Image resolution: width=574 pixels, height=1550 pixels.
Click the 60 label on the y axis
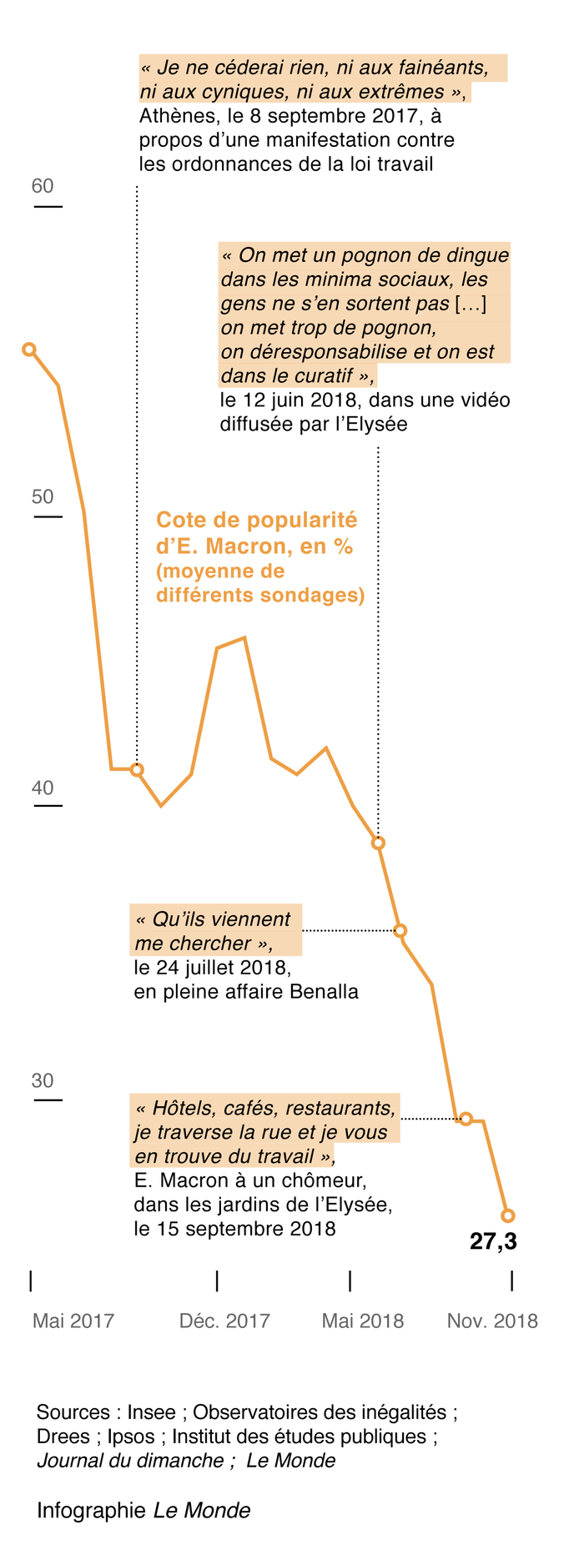43,186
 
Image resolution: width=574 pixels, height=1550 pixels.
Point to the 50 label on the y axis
43,497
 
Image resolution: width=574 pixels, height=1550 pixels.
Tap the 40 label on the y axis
43,788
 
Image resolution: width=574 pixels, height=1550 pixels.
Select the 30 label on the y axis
43,1080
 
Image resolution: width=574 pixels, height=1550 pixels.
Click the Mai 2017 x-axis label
73,1321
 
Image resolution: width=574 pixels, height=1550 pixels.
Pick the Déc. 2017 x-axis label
224,1321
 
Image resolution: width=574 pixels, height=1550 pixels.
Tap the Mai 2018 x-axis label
363,1321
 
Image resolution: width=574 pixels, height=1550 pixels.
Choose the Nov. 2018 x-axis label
492,1321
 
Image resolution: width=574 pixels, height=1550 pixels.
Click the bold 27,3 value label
493,1241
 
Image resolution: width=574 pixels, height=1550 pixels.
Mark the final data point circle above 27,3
508,1215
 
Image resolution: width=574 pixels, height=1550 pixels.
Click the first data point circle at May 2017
29,349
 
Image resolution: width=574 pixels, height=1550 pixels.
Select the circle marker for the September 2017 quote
138,769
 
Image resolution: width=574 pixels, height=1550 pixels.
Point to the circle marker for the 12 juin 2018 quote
378,843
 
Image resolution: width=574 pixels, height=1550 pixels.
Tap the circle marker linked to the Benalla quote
400,930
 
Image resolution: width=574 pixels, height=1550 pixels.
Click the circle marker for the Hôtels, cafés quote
466,1118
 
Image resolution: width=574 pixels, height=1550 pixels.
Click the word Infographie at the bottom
91,1510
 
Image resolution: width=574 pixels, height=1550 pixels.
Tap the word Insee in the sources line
151,1412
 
